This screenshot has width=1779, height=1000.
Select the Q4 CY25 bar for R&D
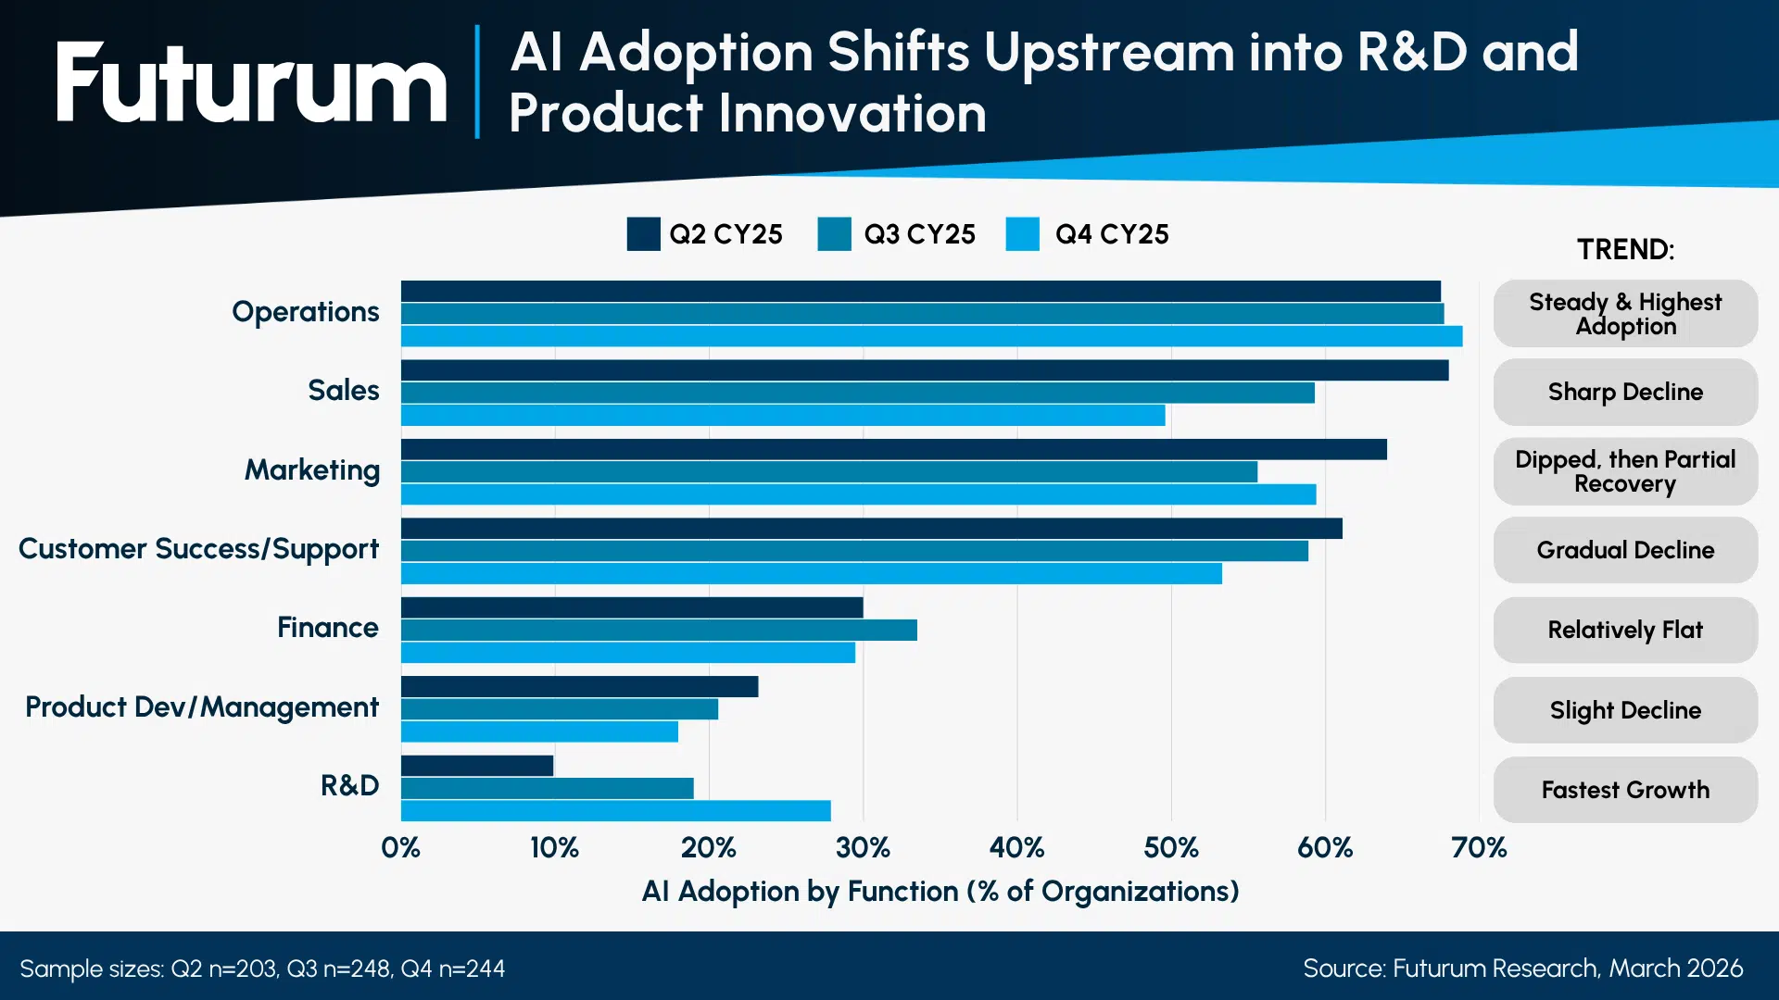615,811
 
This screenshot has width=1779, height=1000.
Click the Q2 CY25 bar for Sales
924,370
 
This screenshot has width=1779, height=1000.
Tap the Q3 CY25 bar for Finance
658,631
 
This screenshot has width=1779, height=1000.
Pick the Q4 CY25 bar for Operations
931,336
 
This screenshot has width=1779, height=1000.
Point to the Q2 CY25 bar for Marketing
893,450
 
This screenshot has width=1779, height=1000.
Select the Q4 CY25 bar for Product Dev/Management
539,731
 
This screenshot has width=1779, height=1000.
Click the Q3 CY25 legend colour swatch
834,234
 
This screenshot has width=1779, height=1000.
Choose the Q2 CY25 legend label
725,234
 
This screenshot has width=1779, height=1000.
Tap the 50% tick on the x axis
1170,847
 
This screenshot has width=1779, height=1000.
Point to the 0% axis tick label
400,847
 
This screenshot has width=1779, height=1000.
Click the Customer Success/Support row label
198,549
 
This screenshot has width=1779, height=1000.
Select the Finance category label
327,628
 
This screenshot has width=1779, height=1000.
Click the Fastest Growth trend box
1625,790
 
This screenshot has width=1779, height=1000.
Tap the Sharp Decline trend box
1625,392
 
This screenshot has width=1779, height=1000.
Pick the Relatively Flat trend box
1625,630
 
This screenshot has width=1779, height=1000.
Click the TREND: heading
1625,249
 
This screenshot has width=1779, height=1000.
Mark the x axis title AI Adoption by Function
940,891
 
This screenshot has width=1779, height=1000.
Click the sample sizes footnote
262,969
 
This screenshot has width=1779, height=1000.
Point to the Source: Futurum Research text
1522,969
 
